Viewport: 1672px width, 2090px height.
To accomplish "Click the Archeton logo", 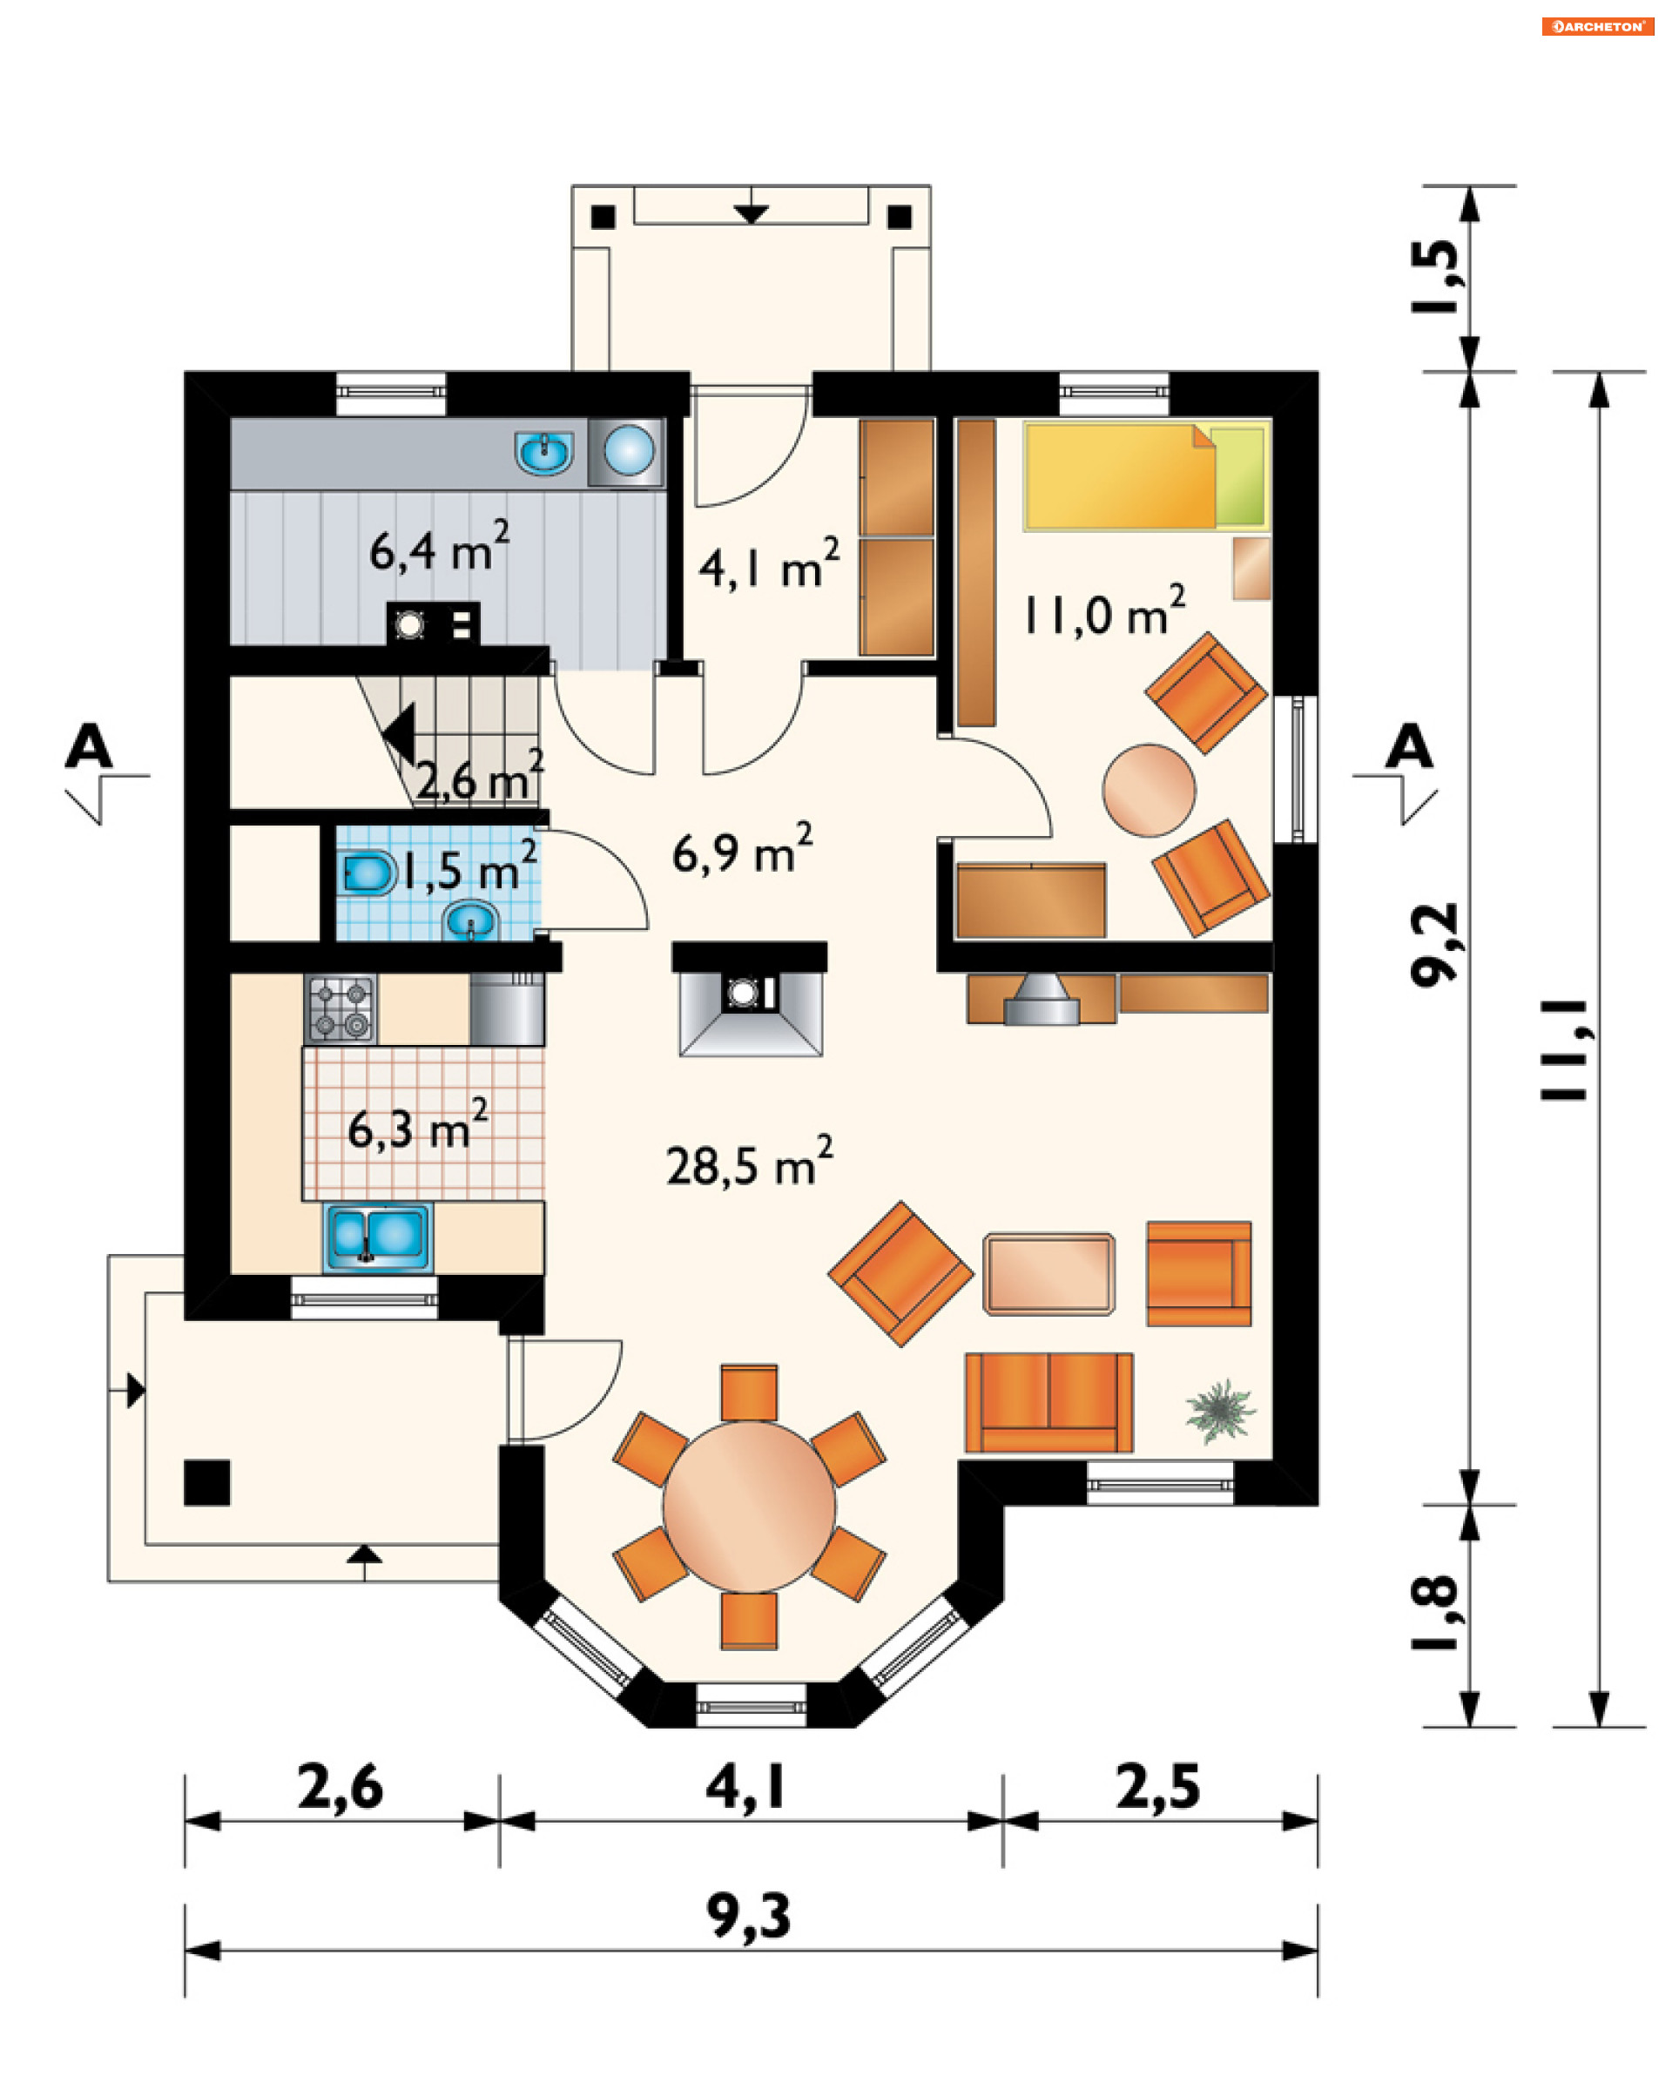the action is point(1597,26).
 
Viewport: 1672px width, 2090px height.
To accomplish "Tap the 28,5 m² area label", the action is point(749,1163).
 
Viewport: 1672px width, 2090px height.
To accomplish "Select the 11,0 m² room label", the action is point(1104,611).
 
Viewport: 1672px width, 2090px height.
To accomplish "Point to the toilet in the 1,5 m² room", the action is point(369,873).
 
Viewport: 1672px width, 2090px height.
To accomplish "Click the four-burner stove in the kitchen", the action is point(340,1009).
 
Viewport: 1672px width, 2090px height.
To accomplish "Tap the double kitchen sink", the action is point(378,1237).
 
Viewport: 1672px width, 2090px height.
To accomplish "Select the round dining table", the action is point(748,1507).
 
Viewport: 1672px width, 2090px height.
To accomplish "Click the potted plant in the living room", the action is point(1219,1412).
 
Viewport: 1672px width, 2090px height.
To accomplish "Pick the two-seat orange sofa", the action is point(1048,1403).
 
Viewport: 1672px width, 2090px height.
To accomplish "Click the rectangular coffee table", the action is point(1048,1274).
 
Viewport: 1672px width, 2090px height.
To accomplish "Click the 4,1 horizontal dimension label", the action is point(745,1788).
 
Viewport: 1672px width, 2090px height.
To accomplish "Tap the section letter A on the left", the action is point(89,745).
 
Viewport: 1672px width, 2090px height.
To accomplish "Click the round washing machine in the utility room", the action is point(628,451).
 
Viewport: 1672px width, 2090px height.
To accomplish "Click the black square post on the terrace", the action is point(207,1482).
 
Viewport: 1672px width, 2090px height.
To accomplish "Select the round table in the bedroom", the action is point(1149,789).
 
